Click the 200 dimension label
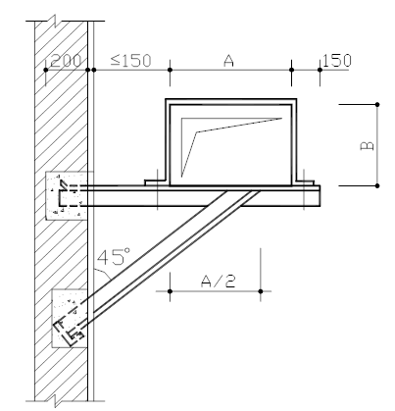66,61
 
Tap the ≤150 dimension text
130,61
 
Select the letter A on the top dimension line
228,61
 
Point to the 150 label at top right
337,60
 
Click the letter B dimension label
367,145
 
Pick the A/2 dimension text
218,282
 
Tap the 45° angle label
114,256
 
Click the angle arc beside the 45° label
103,273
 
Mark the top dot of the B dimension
377,104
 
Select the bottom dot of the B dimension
377,185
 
